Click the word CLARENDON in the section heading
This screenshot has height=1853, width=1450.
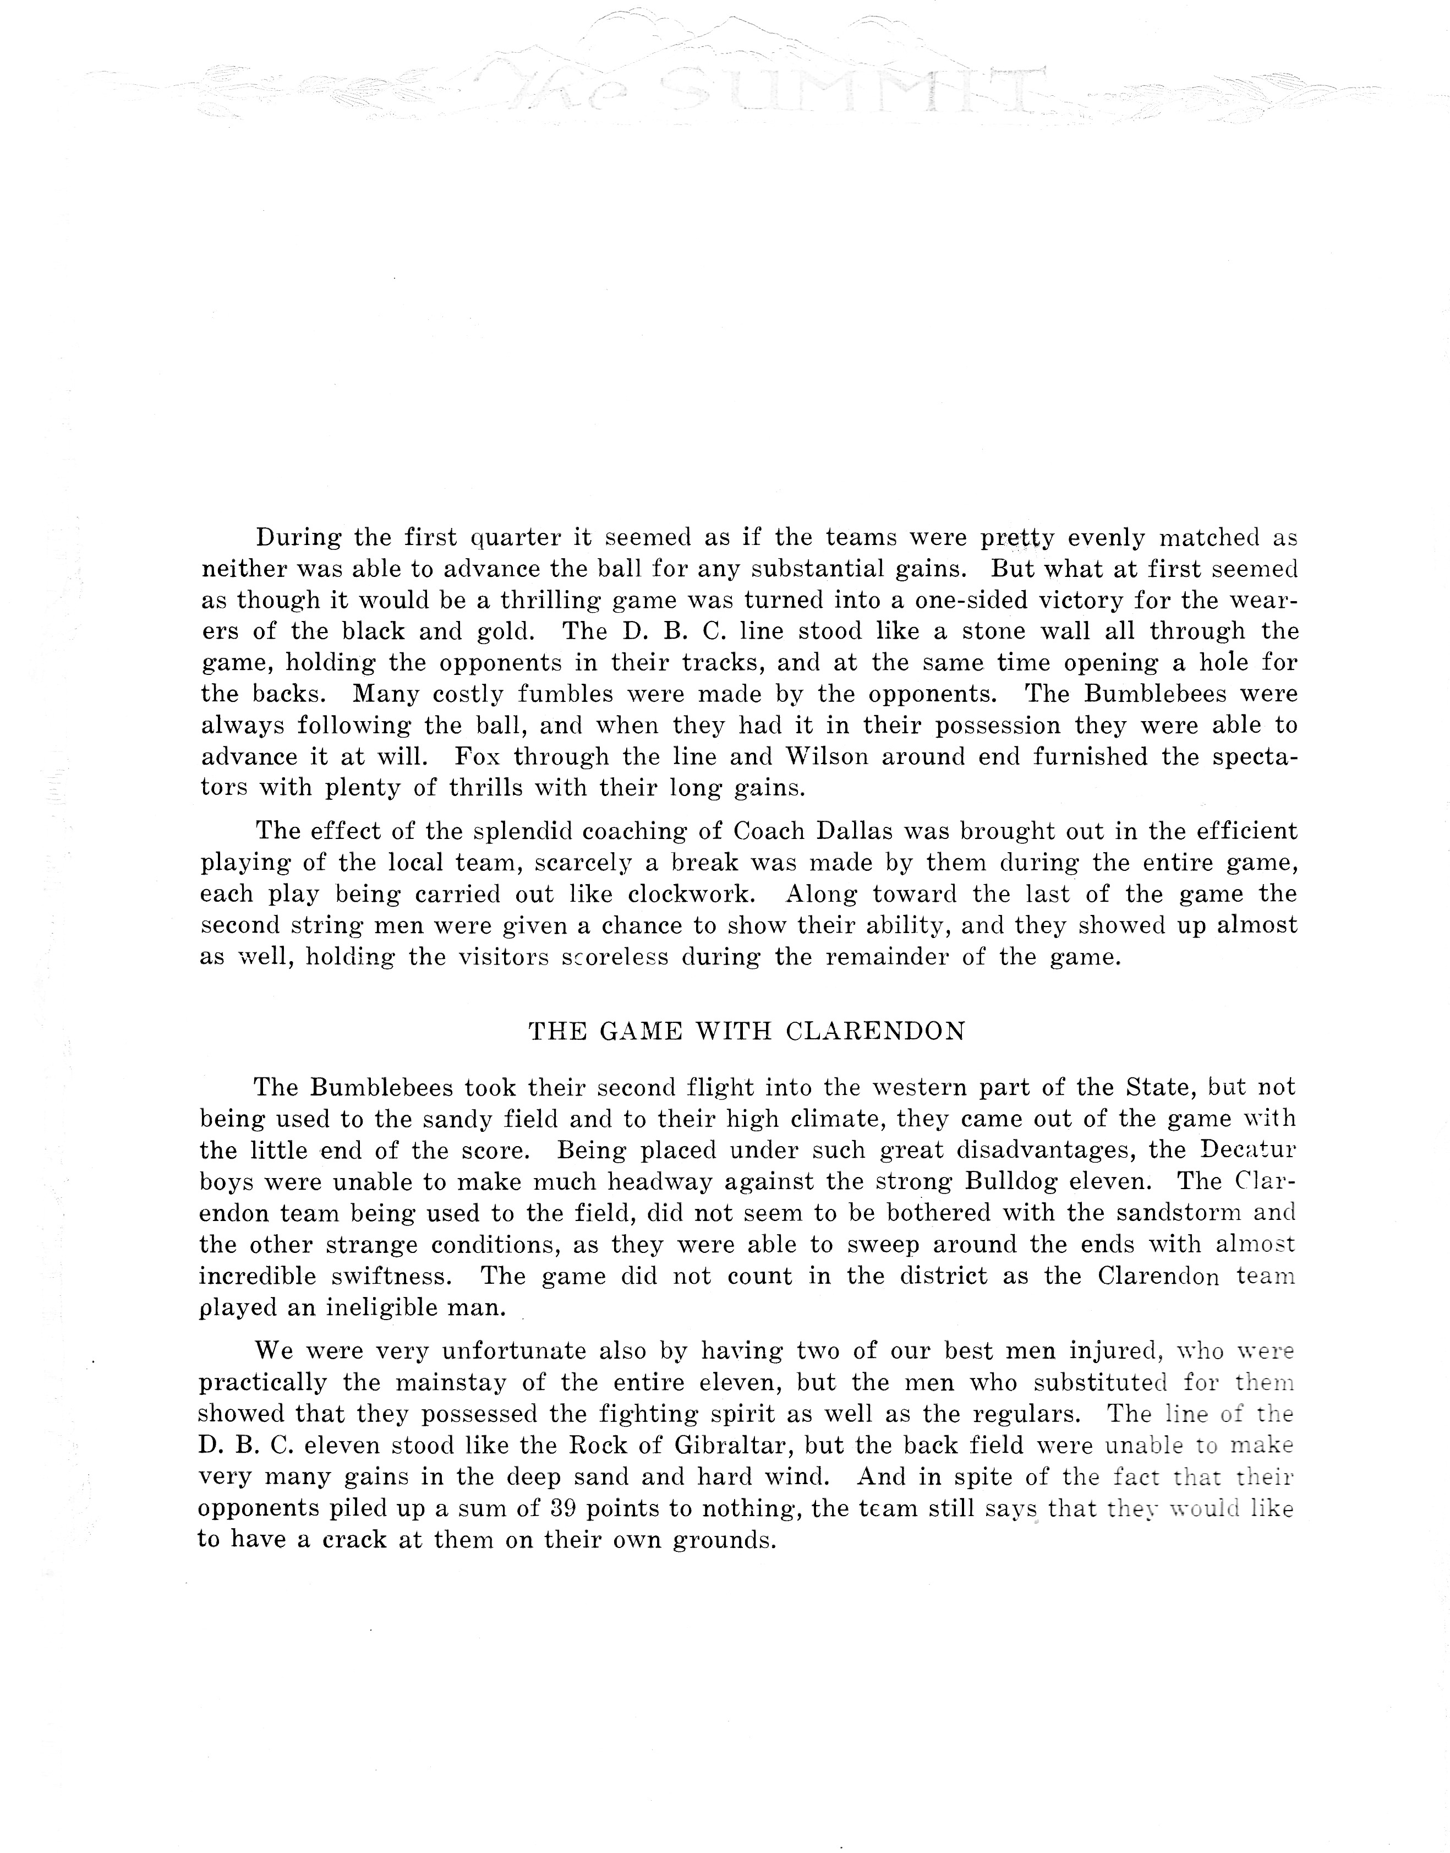tap(876, 1032)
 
